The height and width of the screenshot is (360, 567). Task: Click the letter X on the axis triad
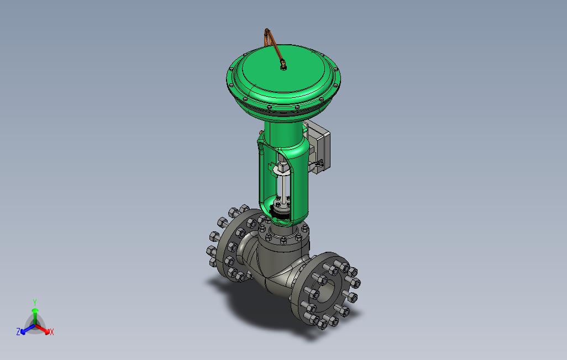pyautogui.click(x=52, y=332)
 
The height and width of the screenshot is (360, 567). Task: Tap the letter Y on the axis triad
pyautogui.click(x=35, y=302)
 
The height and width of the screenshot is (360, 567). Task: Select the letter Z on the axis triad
pyautogui.click(x=18, y=331)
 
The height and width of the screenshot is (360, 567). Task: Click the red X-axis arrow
pyautogui.click(x=43, y=329)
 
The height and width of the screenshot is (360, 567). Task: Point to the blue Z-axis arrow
pyautogui.click(x=28, y=329)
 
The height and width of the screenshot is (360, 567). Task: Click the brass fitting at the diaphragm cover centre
pyautogui.click(x=283, y=66)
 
